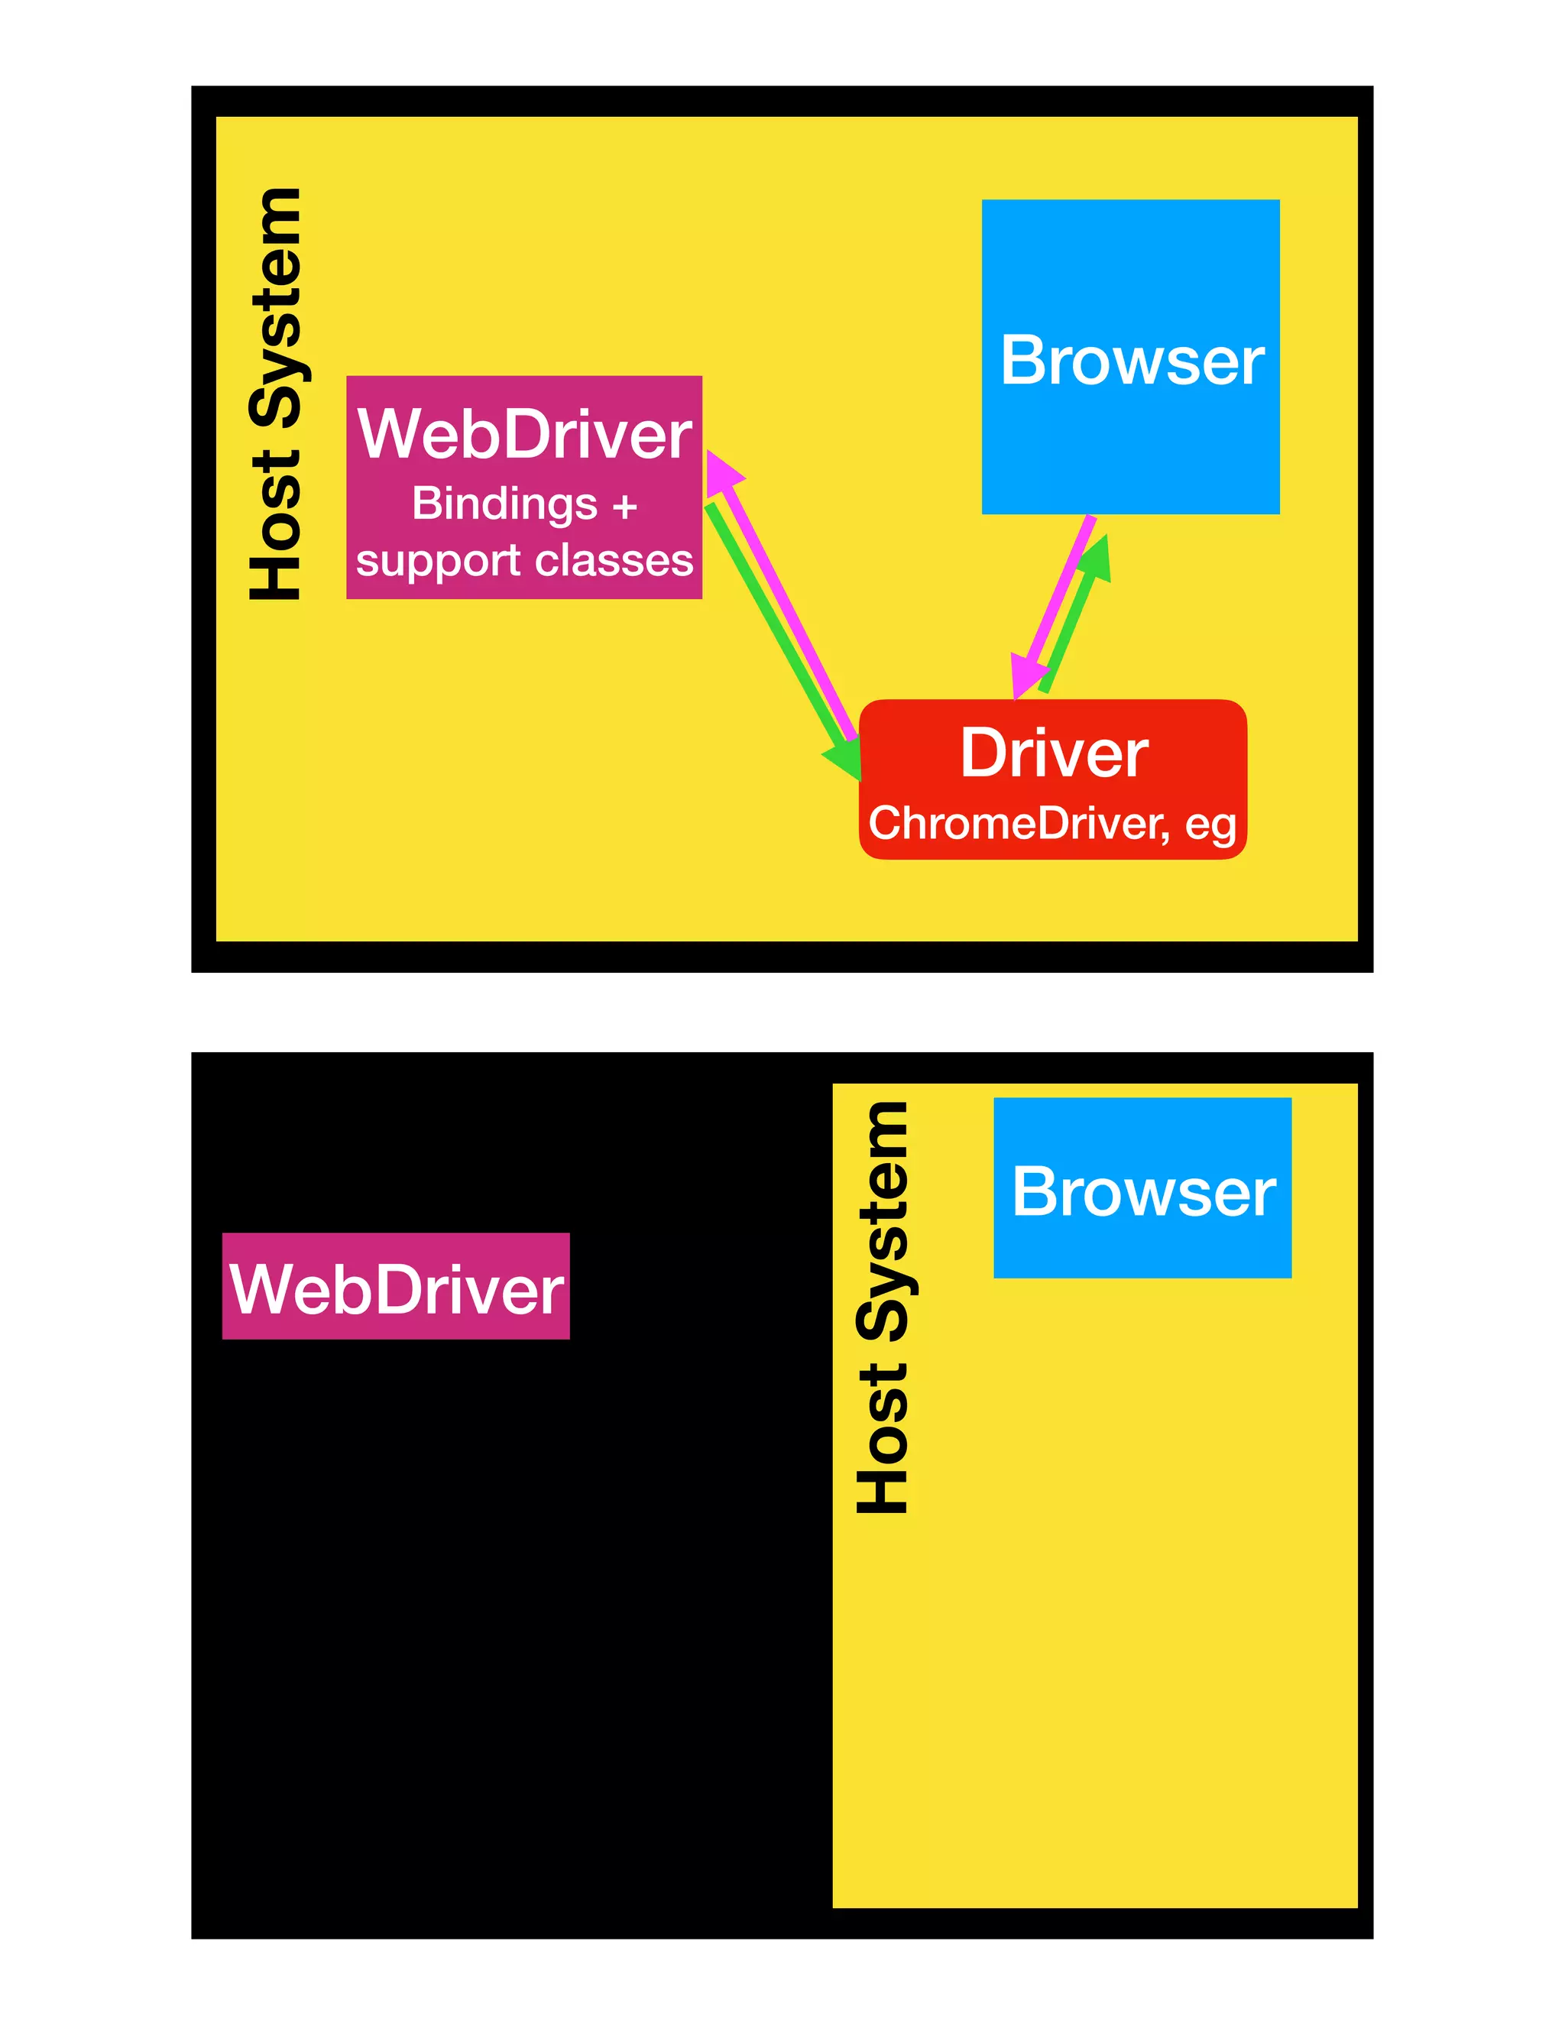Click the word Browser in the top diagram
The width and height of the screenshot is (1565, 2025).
1131,361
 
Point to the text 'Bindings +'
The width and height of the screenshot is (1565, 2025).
523,504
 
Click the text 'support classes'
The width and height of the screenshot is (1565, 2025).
523,560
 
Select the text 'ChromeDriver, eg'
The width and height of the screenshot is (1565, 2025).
1051,823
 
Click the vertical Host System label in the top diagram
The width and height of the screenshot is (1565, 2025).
275,394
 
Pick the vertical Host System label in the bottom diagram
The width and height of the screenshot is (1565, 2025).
882,1307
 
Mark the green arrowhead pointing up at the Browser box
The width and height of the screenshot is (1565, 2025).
1097,558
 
